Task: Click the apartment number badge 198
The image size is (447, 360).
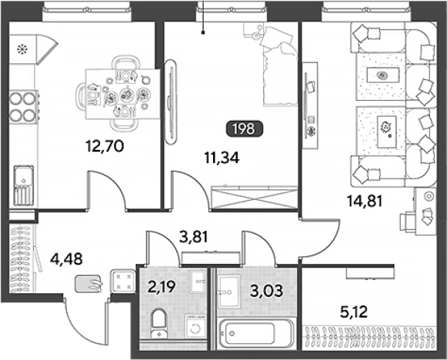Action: point(245,129)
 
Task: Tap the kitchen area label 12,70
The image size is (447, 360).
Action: point(105,146)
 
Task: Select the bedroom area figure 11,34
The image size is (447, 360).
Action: point(222,158)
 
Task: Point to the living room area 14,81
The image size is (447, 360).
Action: point(365,201)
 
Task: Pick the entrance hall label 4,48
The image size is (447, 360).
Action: point(66,259)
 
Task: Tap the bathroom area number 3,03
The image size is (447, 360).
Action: point(266,291)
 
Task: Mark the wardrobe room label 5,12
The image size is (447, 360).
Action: point(354,312)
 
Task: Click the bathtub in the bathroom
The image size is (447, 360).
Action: point(256,333)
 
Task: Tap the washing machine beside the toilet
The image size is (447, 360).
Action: point(195,327)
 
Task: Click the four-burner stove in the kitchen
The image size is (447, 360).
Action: point(23,107)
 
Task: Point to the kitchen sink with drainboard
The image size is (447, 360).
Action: point(24,185)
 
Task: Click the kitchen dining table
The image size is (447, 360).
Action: point(123,94)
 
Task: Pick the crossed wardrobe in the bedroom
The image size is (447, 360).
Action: point(255,198)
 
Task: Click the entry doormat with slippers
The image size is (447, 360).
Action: point(88,284)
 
